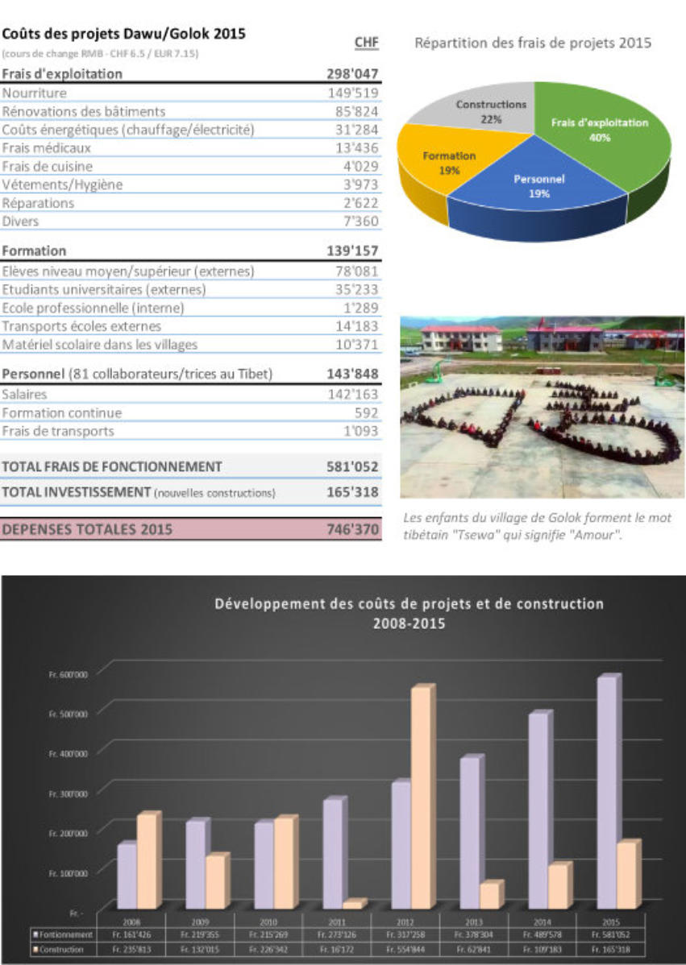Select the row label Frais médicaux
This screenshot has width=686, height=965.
47,148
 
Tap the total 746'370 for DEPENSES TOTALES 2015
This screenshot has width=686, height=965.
351,530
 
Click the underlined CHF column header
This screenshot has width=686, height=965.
366,43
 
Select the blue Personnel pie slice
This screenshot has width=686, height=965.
532,189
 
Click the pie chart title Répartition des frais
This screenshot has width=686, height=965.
532,43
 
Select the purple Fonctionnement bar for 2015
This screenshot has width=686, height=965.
608,793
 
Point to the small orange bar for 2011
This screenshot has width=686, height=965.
353,904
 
